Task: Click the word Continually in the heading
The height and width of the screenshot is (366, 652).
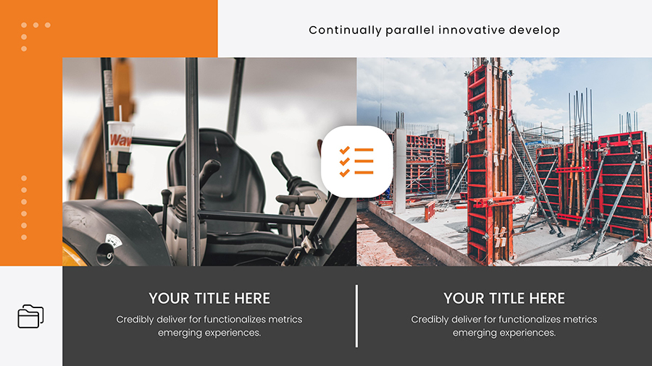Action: pos(345,30)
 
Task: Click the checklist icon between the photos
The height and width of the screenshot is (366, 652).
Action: pos(356,161)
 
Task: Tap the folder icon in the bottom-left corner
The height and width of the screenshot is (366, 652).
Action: pos(30,316)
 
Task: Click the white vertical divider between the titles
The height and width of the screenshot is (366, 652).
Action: pos(356,315)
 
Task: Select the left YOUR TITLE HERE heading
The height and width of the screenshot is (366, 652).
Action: pos(209,298)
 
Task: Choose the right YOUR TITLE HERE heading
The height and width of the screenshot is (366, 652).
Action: pos(504,298)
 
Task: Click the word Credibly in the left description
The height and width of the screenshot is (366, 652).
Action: pos(135,319)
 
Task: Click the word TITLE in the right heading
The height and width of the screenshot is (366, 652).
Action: pos(505,298)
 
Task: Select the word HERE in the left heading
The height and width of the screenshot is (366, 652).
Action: pos(252,298)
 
